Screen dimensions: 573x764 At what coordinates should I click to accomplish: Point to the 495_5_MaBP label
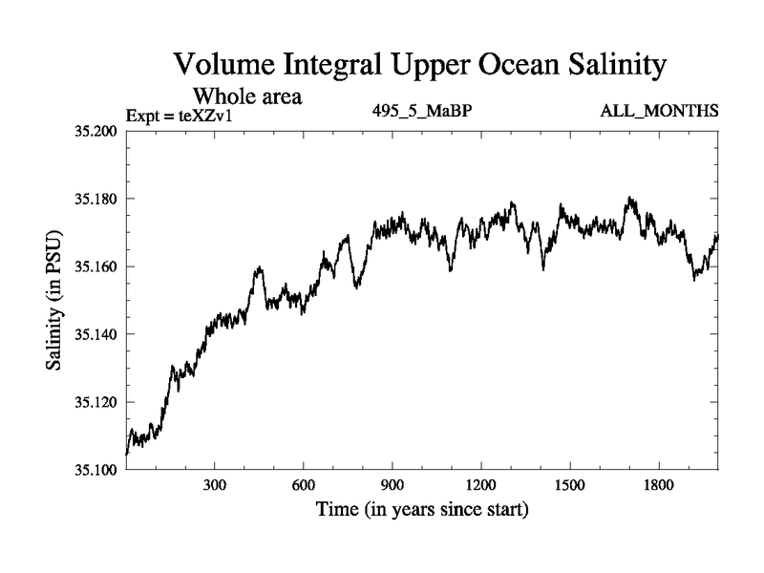click(423, 112)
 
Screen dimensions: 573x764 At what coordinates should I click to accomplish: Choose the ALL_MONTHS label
click(659, 112)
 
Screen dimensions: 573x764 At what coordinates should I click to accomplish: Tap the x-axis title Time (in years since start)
click(422, 511)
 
